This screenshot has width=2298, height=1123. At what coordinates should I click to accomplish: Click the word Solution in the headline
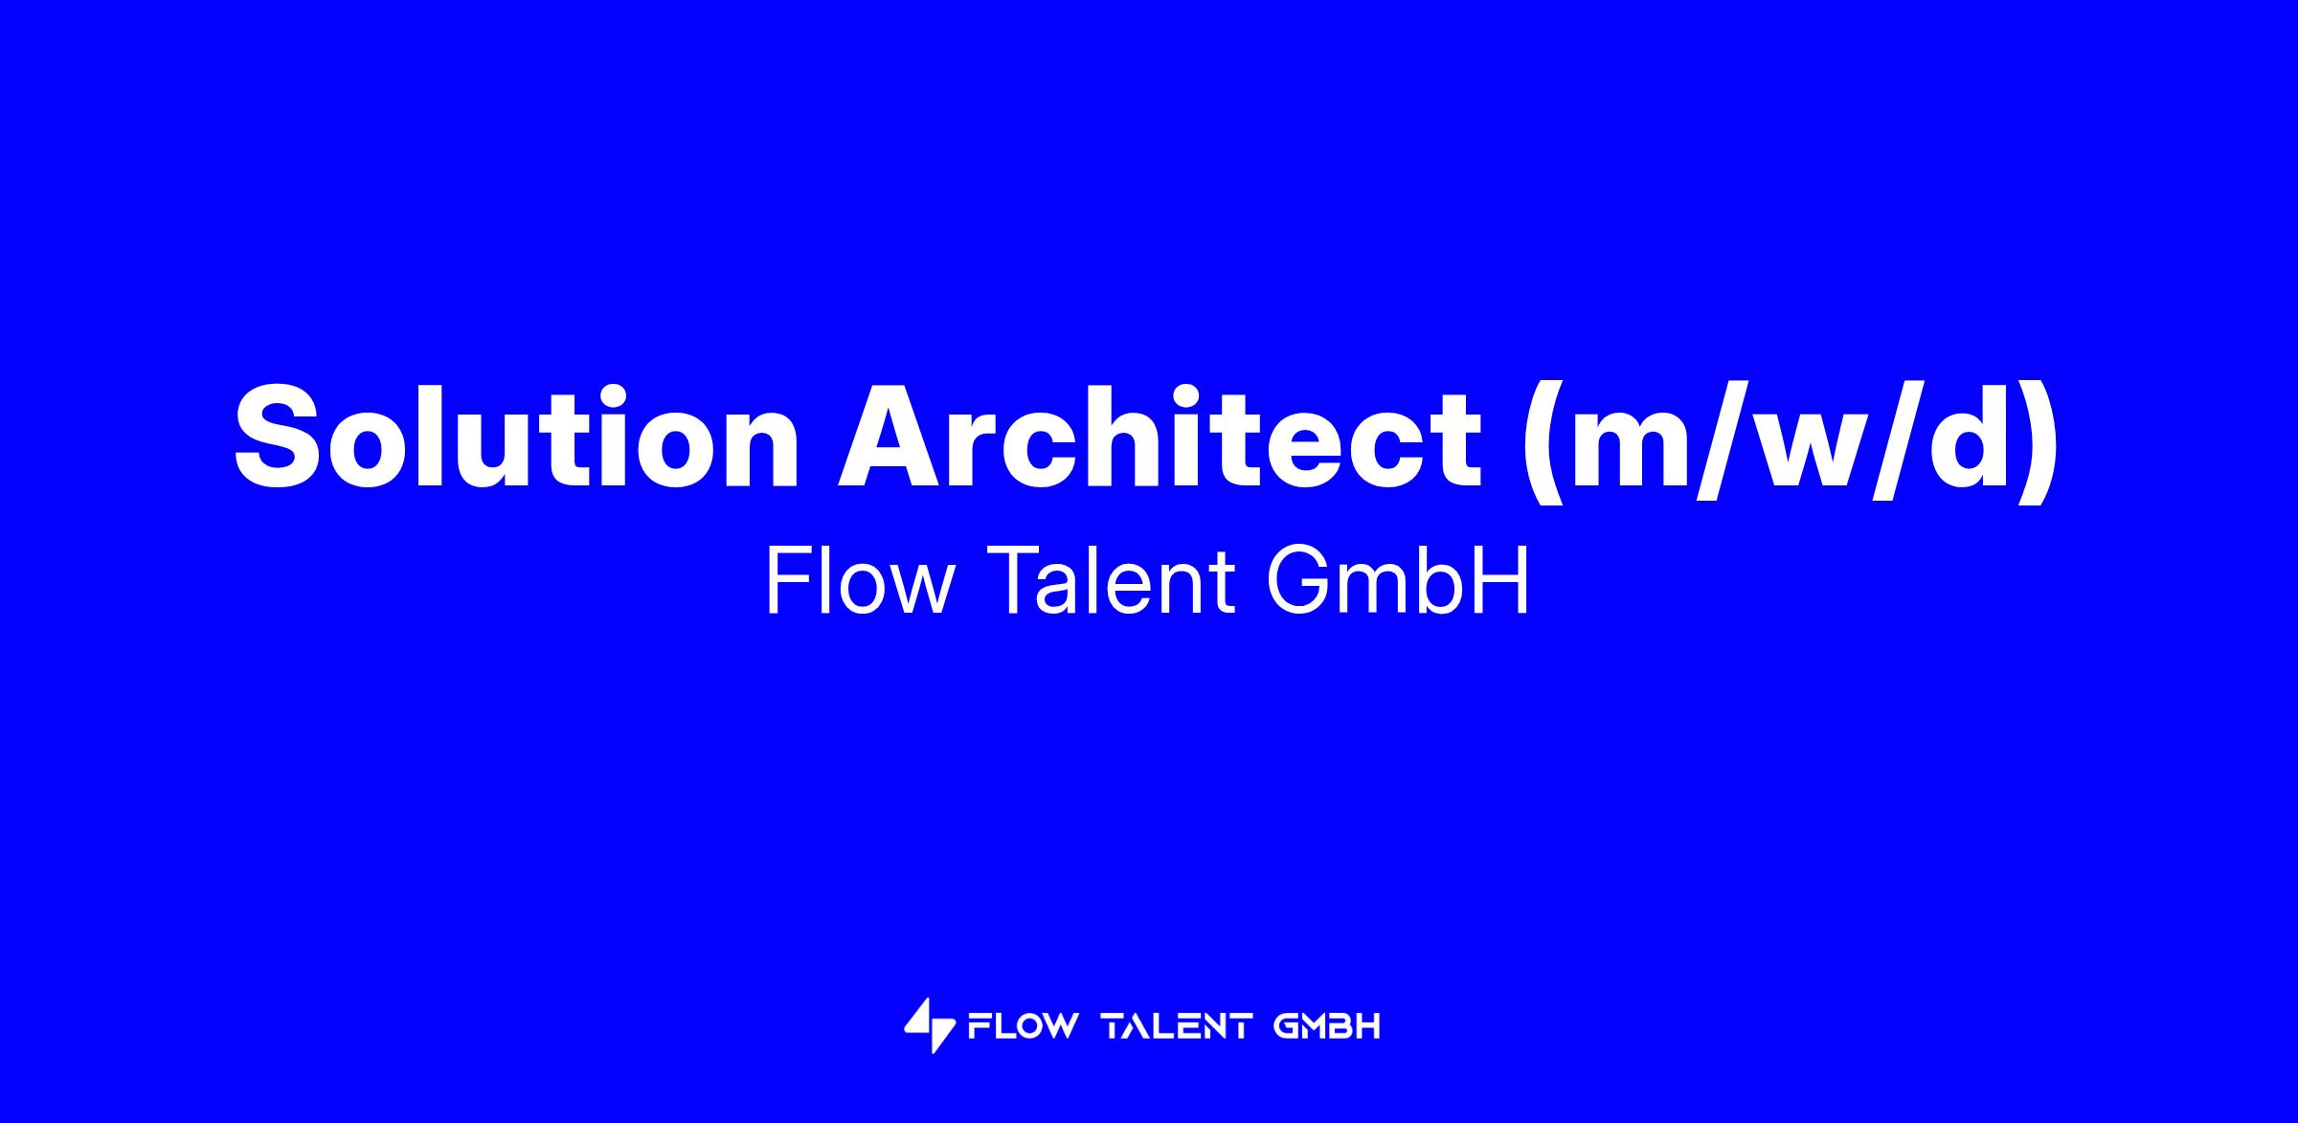tap(517, 437)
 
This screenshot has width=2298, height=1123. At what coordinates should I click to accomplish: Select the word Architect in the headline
tap(1160, 437)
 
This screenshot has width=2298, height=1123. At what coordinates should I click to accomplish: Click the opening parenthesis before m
tap(1544, 441)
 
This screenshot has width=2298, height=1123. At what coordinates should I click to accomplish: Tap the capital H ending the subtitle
tap(1503, 581)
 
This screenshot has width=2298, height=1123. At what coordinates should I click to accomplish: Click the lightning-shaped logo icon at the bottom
tap(929, 1026)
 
